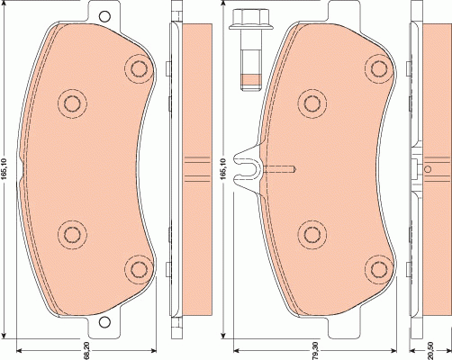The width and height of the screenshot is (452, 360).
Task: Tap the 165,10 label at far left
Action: click(x=5, y=170)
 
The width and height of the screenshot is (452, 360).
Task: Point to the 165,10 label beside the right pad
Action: click(x=223, y=168)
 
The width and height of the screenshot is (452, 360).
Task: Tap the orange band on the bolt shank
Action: click(x=251, y=79)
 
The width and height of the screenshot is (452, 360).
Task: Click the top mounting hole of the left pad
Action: click(x=104, y=16)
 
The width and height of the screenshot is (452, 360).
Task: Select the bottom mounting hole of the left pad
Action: click(x=104, y=322)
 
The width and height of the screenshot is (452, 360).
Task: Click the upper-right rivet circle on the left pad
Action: click(x=140, y=69)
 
